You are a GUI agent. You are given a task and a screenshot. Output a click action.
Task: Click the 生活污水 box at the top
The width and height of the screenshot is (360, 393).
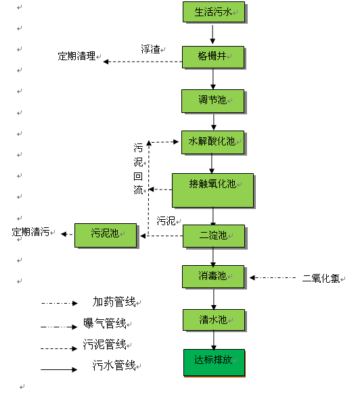click(x=213, y=12)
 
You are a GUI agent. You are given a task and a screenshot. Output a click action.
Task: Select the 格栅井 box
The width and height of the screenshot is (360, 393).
click(x=212, y=57)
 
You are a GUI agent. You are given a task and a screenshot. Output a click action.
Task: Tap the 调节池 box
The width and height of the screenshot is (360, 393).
click(x=212, y=101)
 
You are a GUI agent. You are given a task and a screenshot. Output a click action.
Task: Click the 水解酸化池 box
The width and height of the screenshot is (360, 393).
click(x=212, y=142)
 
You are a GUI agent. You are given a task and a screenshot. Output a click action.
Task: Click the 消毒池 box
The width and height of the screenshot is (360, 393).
click(x=213, y=276)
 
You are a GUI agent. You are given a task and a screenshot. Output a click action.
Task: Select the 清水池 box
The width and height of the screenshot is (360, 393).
click(x=213, y=320)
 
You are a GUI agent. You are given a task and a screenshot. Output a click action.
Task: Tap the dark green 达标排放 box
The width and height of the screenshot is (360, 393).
click(x=214, y=361)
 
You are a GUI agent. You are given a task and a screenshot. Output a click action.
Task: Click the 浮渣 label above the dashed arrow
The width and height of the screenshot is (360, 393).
click(x=150, y=49)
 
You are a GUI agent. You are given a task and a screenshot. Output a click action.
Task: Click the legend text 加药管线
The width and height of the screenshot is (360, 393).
click(x=112, y=302)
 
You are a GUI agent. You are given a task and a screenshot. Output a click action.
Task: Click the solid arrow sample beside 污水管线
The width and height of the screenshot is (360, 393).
click(x=59, y=369)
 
